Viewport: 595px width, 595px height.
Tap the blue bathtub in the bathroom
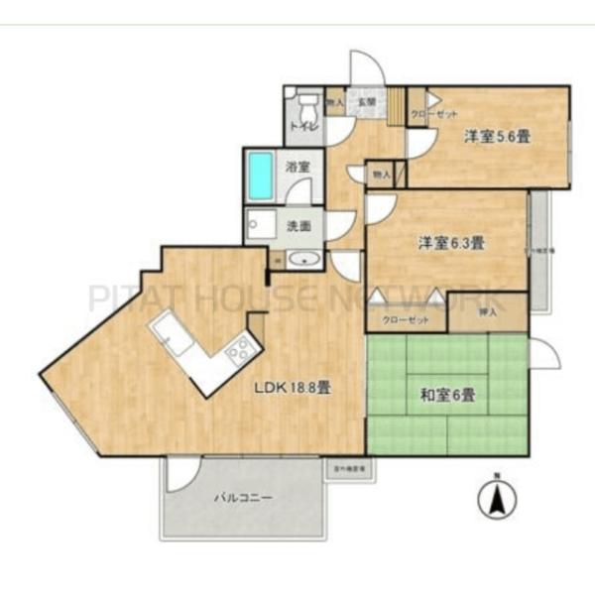click(261, 176)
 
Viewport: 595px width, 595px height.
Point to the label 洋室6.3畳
click(450, 241)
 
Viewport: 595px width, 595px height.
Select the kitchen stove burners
click(238, 350)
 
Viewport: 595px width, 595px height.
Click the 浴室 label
click(298, 168)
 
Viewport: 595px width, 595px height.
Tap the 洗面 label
click(298, 225)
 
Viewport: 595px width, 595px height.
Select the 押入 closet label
click(487, 311)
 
